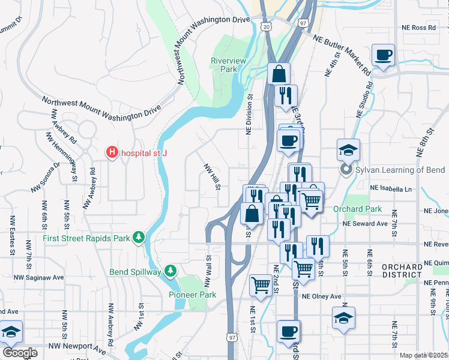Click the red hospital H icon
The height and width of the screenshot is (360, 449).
point(112,153)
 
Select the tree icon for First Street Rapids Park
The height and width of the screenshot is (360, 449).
point(139,238)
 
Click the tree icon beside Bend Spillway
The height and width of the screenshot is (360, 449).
point(170,272)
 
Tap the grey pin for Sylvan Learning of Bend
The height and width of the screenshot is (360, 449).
point(346,170)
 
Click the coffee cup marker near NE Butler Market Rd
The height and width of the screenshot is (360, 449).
point(383,56)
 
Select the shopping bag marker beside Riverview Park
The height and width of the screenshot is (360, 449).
point(279,74)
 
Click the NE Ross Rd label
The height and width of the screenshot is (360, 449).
point(418,28)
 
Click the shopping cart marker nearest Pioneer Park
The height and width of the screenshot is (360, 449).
point(261,286)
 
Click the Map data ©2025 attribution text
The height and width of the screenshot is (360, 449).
point(423,355)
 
